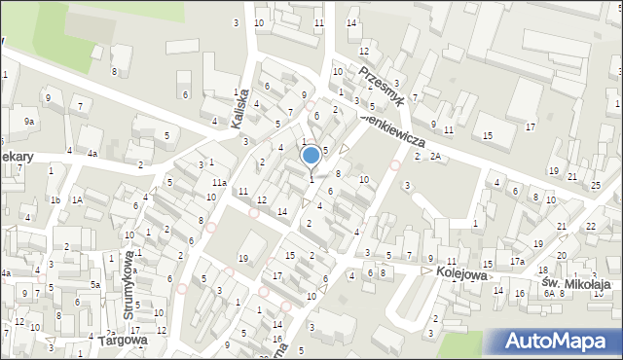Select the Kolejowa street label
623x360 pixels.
(x=461, y=271)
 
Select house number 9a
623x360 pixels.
(x=30, y=121)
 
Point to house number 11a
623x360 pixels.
(x=220, y=183)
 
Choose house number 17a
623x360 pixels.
(x=518, y=262)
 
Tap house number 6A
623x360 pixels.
(x=549, y=293)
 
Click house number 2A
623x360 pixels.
(x=435, y=156)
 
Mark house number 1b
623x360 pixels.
(x=55, y=199)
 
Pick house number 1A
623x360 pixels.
(x=76, y=199)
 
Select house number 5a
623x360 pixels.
(x=95, y=284)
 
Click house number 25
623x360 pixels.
(x=596, y=185)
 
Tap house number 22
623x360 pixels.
(x=591, y=226)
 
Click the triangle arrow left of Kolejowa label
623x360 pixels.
(x=425, y=271)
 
